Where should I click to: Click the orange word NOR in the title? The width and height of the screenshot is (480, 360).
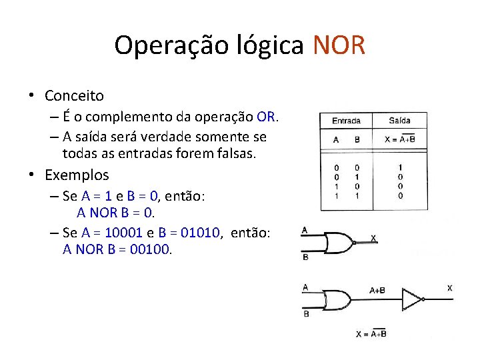point(339,45)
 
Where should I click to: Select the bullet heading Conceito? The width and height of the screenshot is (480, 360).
point(74,96)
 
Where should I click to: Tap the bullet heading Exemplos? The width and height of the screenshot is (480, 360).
point(77,175)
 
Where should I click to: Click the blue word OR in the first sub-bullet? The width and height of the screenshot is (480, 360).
point(265,117)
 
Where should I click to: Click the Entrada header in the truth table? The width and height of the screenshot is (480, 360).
point(346,121)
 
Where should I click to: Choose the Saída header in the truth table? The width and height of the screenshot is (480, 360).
point(400,121)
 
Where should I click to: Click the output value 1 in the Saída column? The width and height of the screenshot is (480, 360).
point(400,167)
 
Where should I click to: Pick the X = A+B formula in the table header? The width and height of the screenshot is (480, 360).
point(400,139)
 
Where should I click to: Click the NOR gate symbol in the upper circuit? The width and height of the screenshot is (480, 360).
point(340,243)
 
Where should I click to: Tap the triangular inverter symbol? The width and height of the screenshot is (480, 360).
point(412,300)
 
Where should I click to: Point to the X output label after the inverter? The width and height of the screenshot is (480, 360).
point(449,288)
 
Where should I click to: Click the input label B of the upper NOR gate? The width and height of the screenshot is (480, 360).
point(305,257)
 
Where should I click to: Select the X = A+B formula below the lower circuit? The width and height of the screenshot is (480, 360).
point(371,334)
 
